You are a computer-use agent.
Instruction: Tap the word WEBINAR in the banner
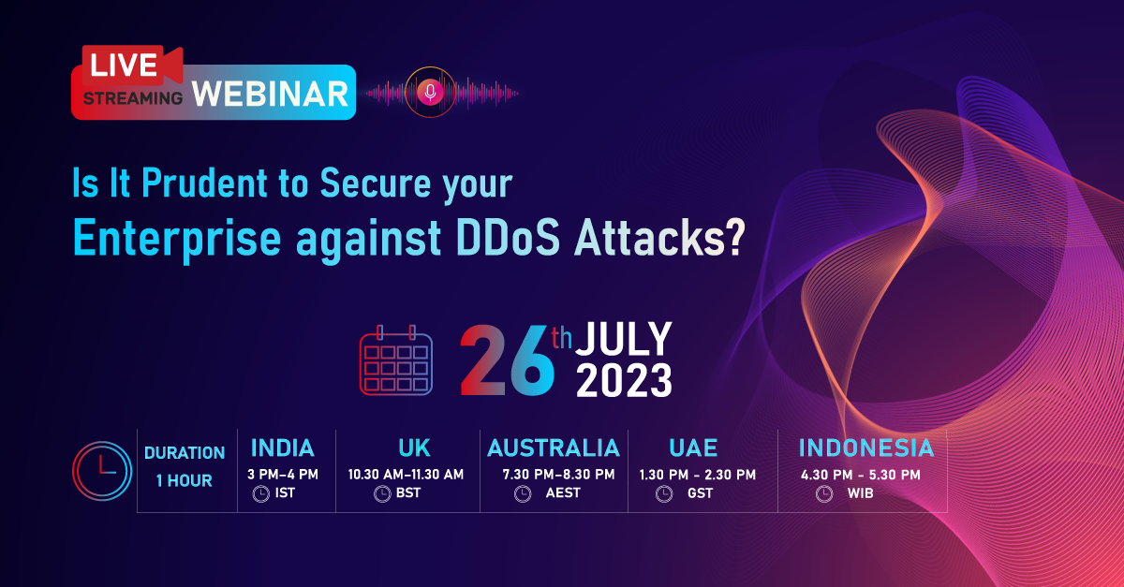point(272,94)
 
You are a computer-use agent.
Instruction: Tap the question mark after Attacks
point(736,240)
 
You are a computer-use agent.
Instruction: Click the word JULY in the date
point(623,339)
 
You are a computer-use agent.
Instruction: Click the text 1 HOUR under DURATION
point(185,481)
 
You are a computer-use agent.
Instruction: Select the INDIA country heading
point(282,447)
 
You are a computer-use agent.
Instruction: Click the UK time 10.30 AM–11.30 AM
point(406,475)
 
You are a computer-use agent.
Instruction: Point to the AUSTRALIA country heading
point(554,447)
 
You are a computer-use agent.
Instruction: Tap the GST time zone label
point(700,493)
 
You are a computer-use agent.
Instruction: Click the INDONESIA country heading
point(866,447)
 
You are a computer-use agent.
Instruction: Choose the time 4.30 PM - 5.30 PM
point(860,475)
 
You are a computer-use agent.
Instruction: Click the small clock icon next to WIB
point(823,493)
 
